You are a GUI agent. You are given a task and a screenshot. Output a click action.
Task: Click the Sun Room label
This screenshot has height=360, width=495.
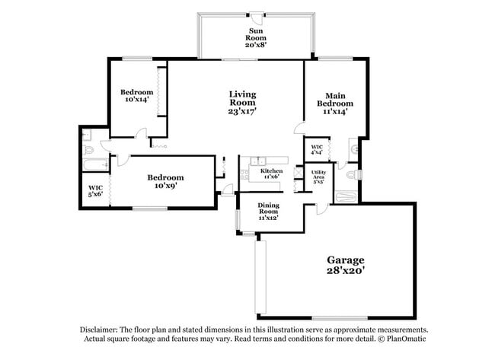coord(254,38)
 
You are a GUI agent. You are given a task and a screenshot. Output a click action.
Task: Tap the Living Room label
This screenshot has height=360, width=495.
coord(242,103)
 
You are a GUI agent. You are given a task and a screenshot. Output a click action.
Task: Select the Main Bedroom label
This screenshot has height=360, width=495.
coord(334,103)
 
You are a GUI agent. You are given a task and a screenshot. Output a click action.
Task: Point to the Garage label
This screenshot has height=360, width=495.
coord(346,265)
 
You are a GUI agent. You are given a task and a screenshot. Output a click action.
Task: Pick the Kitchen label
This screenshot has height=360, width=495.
coord(271,174)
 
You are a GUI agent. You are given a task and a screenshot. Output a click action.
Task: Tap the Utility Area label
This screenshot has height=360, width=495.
coord(318,177)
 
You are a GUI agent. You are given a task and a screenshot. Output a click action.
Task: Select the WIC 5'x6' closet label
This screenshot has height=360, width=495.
coord(95,191)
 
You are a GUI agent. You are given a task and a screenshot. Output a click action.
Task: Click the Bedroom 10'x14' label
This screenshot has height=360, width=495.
coord(138,96)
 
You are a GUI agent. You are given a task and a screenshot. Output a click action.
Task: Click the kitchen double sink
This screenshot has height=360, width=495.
coord(259,161)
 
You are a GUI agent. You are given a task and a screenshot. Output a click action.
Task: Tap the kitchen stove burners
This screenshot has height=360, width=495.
coord(245,176)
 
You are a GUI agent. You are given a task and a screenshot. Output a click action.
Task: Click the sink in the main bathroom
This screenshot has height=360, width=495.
coord(353,145)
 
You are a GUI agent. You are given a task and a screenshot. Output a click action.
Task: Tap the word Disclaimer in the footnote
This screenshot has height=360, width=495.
coord(99,330)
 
